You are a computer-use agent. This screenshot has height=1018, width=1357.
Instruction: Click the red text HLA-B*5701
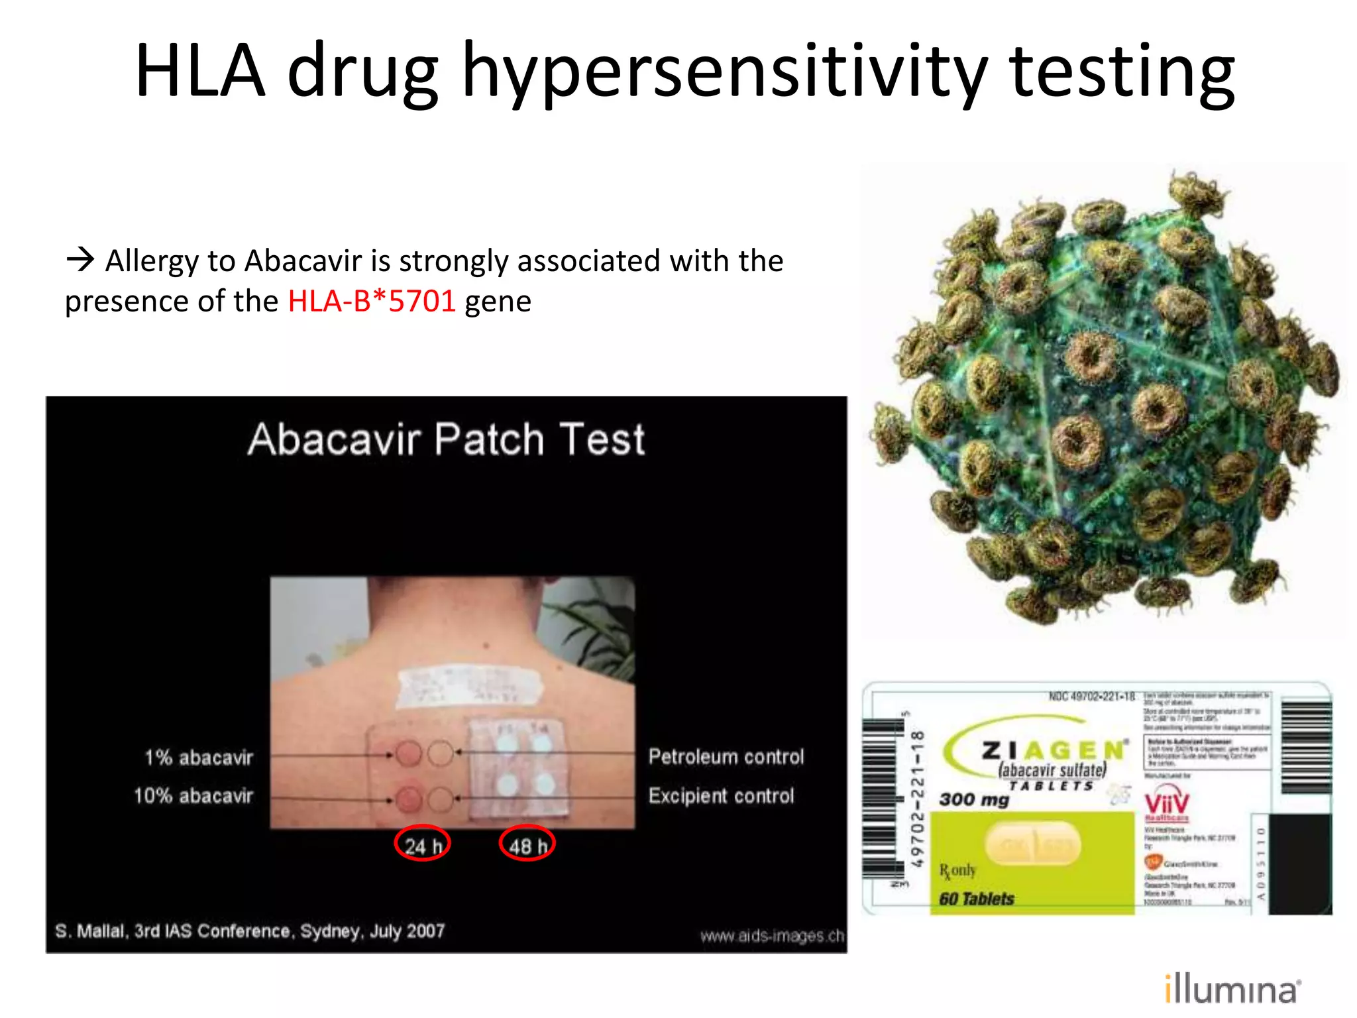[372, 302]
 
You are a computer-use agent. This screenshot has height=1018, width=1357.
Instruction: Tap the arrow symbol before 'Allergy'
[80, 258]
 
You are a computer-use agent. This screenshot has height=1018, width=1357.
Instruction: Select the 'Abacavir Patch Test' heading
[446, 439]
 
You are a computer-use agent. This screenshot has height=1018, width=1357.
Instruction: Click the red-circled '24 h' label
[422, 844]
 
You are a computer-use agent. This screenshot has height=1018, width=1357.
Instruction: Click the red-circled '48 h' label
[527, 844]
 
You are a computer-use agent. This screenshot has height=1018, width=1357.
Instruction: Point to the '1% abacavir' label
[199, 757]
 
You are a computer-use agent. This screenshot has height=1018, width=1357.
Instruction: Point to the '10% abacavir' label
[193, 795]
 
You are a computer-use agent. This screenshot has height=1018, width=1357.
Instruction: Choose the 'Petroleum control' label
[726, 756]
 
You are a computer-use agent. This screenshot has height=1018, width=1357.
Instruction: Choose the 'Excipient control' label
[721, 795]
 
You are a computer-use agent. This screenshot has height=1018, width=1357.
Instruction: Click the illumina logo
[1232, 990]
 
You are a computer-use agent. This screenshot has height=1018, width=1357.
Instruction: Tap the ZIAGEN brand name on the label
[1054, 750]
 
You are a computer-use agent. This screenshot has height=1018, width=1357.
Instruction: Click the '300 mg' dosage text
[974, 799]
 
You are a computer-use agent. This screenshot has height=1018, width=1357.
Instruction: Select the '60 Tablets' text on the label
[976, 899]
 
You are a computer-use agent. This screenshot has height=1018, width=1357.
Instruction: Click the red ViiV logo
[1167, 803]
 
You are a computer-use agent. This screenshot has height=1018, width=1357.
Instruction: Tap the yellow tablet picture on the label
[1034, 844]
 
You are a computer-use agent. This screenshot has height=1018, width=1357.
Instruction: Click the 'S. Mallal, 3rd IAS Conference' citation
[250, 931]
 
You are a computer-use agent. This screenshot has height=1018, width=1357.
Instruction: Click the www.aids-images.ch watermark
[772, 936]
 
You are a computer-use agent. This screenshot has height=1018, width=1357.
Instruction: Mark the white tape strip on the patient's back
[469, 685]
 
